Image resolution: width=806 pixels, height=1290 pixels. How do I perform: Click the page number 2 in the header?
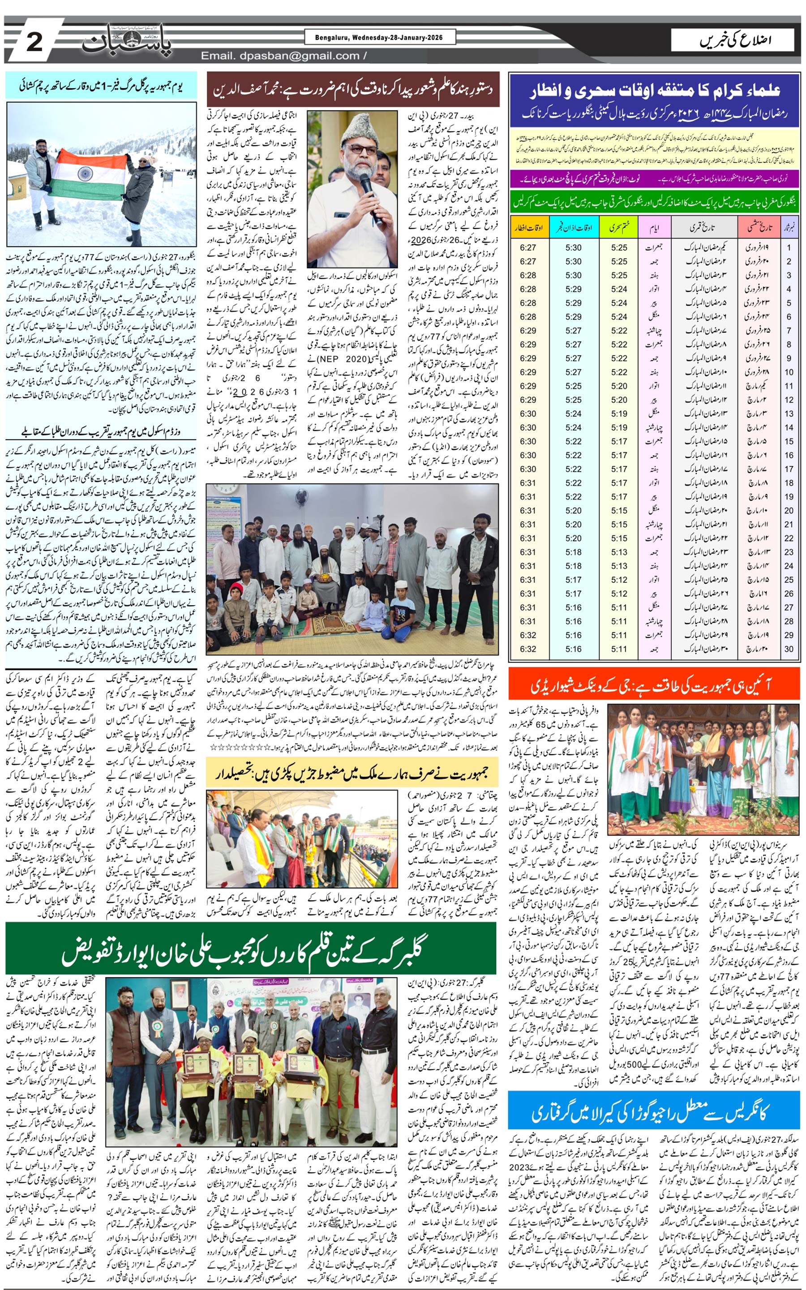pos(34,41)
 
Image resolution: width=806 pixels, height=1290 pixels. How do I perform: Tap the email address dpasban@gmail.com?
pos(280,56)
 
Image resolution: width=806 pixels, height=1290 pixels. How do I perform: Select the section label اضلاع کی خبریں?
pos(735,40)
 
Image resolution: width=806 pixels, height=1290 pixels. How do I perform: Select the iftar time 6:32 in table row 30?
pos(528,649)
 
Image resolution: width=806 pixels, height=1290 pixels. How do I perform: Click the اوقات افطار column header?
pos(528,227)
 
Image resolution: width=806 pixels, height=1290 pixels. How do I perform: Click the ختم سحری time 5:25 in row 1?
pos(619,248)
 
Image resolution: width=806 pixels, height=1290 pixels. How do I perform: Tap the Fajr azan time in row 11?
pos(574,386)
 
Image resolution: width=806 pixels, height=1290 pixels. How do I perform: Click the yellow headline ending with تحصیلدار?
pos(352,773)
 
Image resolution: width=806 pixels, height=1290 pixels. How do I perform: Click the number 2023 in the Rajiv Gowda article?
pos(520,1166)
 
